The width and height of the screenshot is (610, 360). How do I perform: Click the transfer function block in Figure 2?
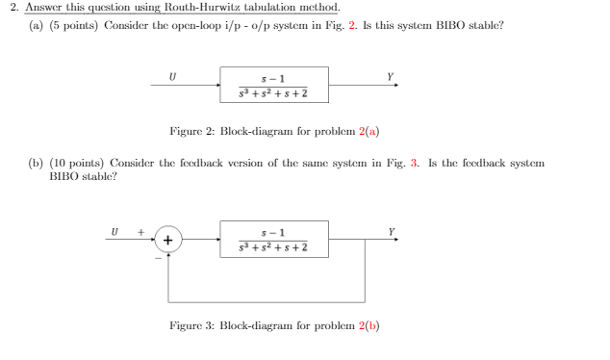(274, 85)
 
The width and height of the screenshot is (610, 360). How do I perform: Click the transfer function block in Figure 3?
(274, 239)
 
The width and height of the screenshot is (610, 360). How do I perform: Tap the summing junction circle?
(169, 239)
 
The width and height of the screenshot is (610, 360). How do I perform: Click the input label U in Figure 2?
(172, 73)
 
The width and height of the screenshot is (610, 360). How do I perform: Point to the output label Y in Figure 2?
(390, 73)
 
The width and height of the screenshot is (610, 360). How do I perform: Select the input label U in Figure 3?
(114, 231)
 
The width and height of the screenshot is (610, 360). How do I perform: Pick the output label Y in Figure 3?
(390, 231)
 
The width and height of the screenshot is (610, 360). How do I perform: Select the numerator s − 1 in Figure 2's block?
(274, 76)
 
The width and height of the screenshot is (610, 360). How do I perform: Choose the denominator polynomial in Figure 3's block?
(274, 248)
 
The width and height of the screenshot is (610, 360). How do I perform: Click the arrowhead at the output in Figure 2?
(393, 85)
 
